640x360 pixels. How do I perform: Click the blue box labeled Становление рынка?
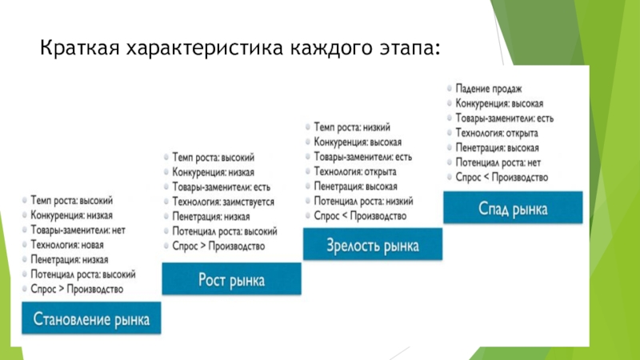click(x=91, y=320)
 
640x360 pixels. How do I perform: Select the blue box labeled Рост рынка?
click(x=232, y=281)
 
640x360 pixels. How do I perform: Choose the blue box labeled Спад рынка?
click(x=513, y=210)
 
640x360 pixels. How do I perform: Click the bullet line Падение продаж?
click(x=489, y=90)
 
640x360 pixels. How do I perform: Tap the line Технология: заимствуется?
click(x=223, y=202)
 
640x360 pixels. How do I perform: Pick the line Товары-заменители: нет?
click(x=78, y=230)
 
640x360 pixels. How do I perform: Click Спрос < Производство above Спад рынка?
click(x=502, y=177)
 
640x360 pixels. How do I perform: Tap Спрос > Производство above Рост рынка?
click(x=218, y=246)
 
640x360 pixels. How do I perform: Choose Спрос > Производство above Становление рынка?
click(x=78, y=289)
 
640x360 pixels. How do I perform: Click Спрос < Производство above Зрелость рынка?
click(x=361, y=216)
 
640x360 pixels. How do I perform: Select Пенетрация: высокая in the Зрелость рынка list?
click(x=358, y=186)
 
